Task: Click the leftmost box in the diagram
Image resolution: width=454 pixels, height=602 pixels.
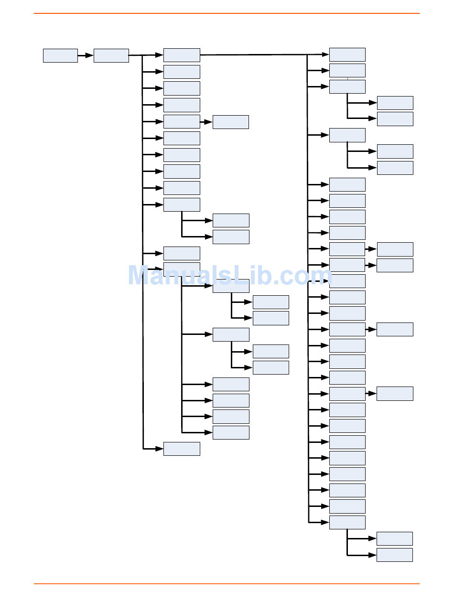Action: tap(60, 55)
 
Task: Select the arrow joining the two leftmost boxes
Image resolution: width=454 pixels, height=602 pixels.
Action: tap(86, 55)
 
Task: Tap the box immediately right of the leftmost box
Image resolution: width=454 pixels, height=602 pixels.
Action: tap(111, 55)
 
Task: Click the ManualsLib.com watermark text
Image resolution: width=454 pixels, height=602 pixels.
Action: tap(229, 276)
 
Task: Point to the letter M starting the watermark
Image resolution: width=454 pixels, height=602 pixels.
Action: tap(141, 276)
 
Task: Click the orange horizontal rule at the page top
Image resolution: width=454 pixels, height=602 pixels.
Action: tap(227, 13)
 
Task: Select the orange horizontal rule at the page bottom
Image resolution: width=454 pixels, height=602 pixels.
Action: tap(227, 583)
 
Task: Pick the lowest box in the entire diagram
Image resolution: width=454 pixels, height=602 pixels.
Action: tap(394, 555)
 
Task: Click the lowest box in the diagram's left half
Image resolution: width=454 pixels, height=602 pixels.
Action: tap(182, 449)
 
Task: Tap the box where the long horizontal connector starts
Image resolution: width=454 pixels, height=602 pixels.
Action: tap(182, 55)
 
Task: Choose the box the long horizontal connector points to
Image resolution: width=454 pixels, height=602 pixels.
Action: tap(347, 54)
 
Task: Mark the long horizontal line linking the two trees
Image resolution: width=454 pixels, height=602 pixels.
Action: tap(253, 55)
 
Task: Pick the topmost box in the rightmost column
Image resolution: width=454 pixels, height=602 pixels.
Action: tap(395, 103)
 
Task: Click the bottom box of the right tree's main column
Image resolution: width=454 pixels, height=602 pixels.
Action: tap(347, 522)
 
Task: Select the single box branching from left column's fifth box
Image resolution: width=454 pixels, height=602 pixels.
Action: tap(230, 122)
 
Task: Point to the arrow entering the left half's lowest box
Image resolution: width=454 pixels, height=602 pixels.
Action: tap(153, 449)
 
